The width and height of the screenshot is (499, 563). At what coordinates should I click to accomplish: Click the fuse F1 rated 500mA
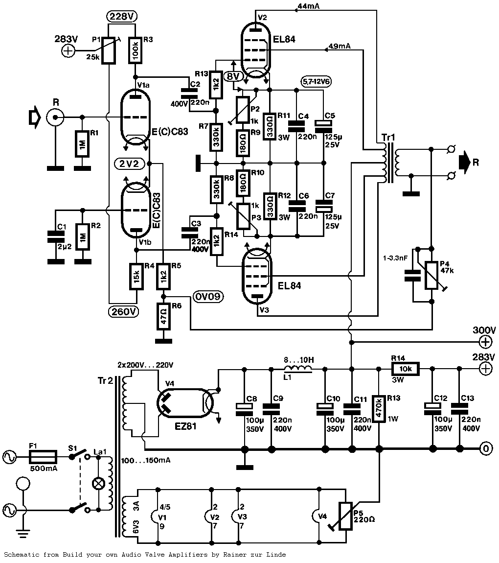[x=44, y=457]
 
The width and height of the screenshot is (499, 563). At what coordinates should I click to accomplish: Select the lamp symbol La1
[x=99, y=483]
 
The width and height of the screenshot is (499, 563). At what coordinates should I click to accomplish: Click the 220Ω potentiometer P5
[x=345, y=516]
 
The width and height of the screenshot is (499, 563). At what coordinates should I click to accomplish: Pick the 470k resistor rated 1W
[x=378, y=408]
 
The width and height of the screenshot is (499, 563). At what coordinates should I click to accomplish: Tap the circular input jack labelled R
[x=54, y=117]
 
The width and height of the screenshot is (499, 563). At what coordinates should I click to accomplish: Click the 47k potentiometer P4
[x=431, y=275]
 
